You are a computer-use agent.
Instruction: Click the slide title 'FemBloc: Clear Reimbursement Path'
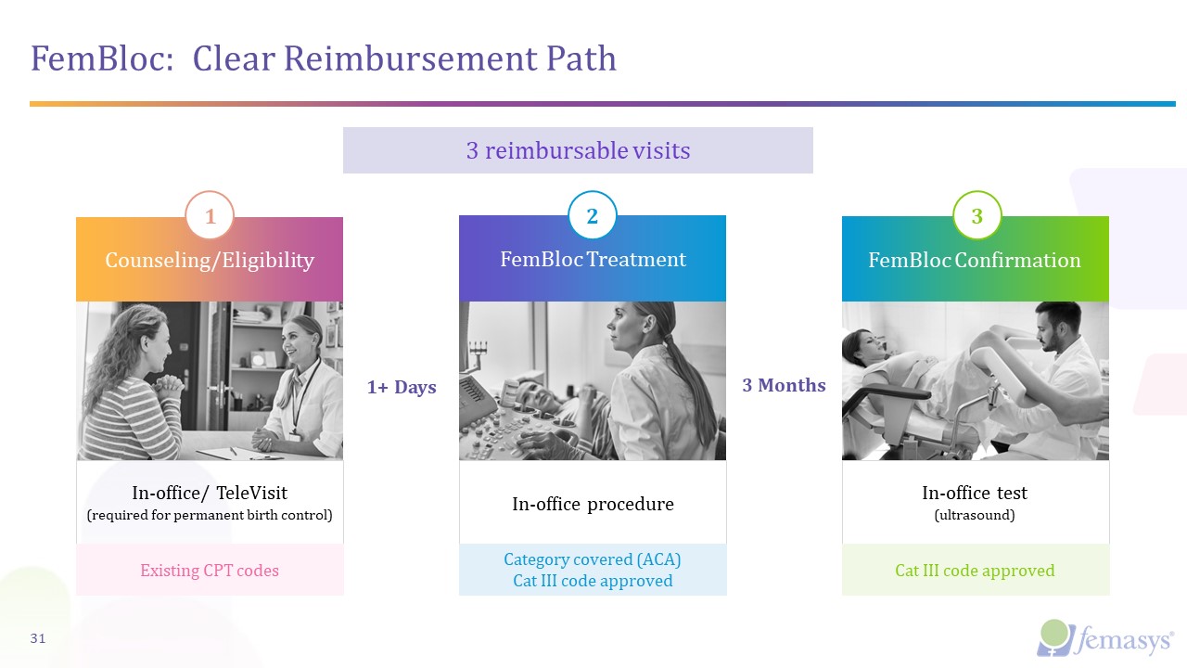tap(324, 58)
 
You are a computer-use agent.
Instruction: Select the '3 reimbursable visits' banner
tap(578, 150)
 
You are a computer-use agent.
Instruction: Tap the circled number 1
tap(211, 216)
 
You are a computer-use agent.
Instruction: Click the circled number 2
tap(593, 216)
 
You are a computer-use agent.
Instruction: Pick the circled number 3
tap(976, 216)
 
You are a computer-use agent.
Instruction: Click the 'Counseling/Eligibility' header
tap(210, 261)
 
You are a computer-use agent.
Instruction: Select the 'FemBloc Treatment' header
tap(593, 260)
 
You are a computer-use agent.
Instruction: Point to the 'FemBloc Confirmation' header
tap(975, 261)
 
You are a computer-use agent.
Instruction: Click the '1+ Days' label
tap(402, 387)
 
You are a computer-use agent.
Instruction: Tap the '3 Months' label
tap(784, 385)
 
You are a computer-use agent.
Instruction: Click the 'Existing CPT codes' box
tap(210, 571)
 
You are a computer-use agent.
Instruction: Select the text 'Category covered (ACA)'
tap(593, 559)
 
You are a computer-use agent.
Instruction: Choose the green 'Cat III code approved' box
tap(975, 571)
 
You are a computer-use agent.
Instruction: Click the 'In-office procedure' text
tap(593, 504)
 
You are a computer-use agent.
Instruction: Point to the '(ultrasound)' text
tap(975, 514)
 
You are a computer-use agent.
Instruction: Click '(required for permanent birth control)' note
tap(210, 514)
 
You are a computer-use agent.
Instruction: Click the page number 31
tap(38, 638)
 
